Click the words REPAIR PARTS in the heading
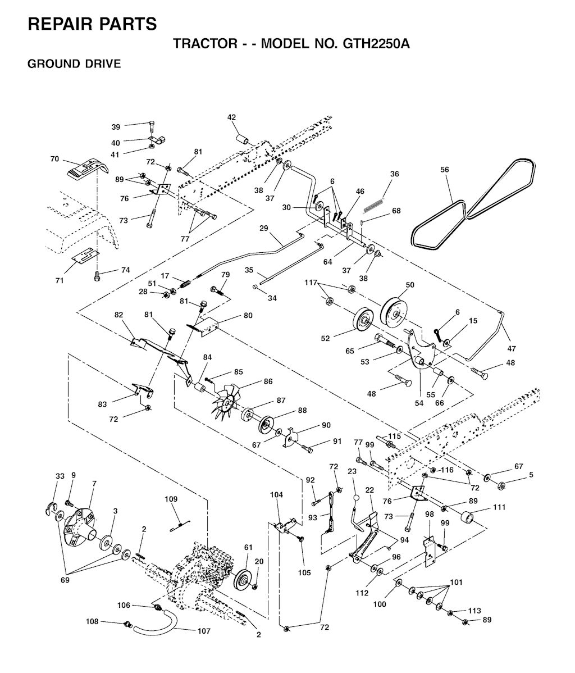pyautogui.click(x=92, y=24)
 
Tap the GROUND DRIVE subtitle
pyautogui.click(x=74, y=63)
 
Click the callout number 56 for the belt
pyautogui.click(x=445, y=169)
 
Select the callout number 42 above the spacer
pyautogui.click(x=231, y=117)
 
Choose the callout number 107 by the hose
pyautogui.click(x=204, y=631)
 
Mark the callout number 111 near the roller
pyautogui.click(x=499, y=507)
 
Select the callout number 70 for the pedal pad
pyautogui.click(x=54, y=159)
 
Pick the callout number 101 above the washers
pyautogui.click(x=457, y=582)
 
